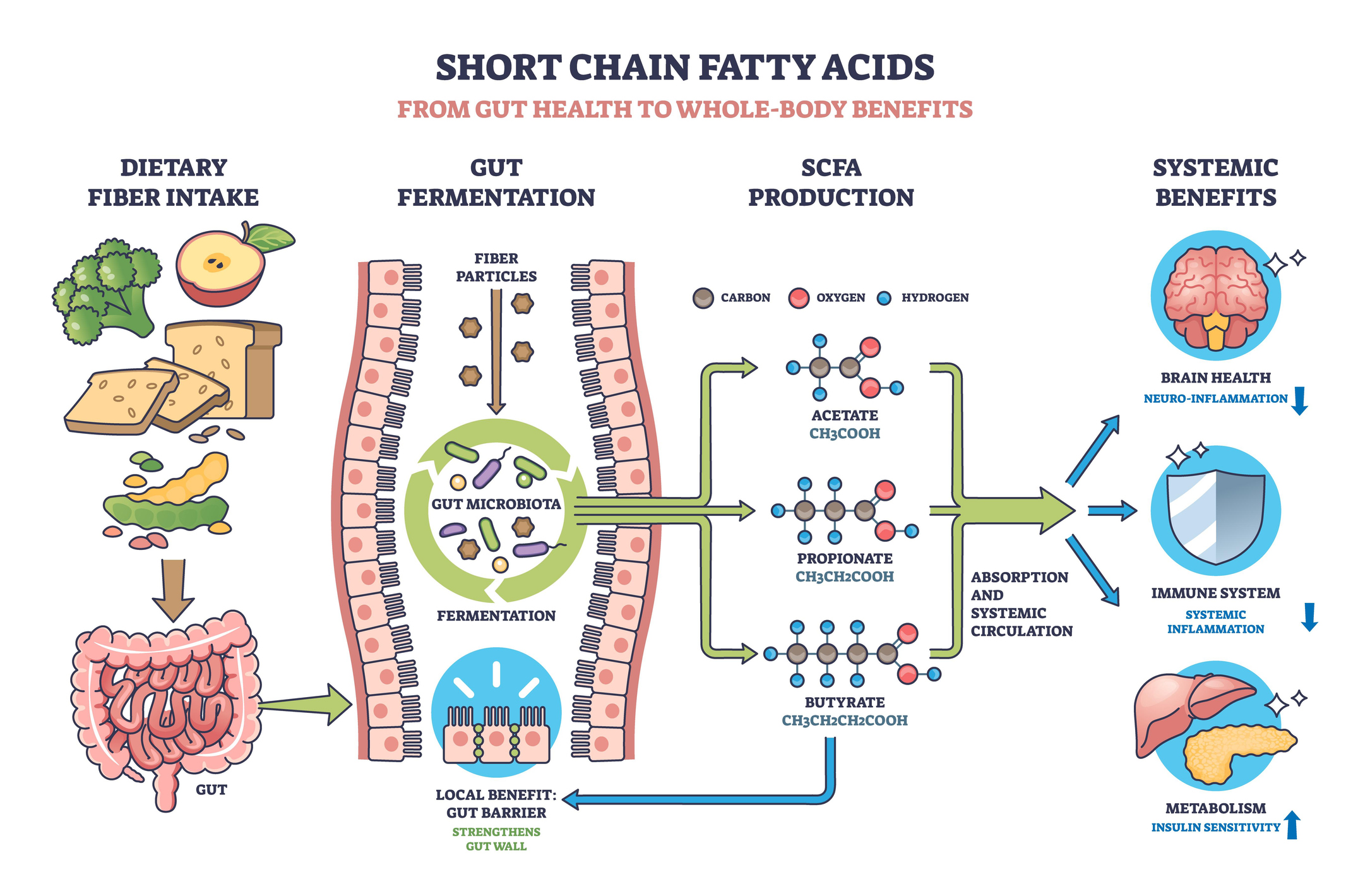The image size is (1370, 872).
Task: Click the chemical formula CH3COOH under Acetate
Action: click(x=844, y=434)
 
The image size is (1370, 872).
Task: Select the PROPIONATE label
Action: click(x=844, y=558)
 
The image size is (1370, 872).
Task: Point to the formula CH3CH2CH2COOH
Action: click(x=844, y=720)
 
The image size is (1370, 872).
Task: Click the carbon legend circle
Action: click(x=703, y=297)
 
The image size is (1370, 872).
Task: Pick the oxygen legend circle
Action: click(x=799, y=297)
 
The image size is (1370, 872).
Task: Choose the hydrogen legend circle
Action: click(x=884, y=298)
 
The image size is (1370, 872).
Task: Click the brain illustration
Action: click(x=1215, y=297)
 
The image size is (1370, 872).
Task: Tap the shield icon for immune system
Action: click(x=1215, y=515)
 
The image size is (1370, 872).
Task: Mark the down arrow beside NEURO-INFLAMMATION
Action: click(x=1299, y=400)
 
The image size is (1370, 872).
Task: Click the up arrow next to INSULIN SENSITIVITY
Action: click(x=1292, y=825)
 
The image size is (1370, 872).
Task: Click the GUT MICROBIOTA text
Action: click(x=496, y=504)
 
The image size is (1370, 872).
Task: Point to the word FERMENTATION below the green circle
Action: click(x=496, y=616)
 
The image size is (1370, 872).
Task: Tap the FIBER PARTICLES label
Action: click(x=496, y=267)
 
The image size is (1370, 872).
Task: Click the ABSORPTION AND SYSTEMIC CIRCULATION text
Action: click(x=1021, y=604)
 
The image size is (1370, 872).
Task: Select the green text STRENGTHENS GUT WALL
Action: click(x=496, y=839)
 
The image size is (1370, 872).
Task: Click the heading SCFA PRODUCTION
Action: click(x=831, y=182)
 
